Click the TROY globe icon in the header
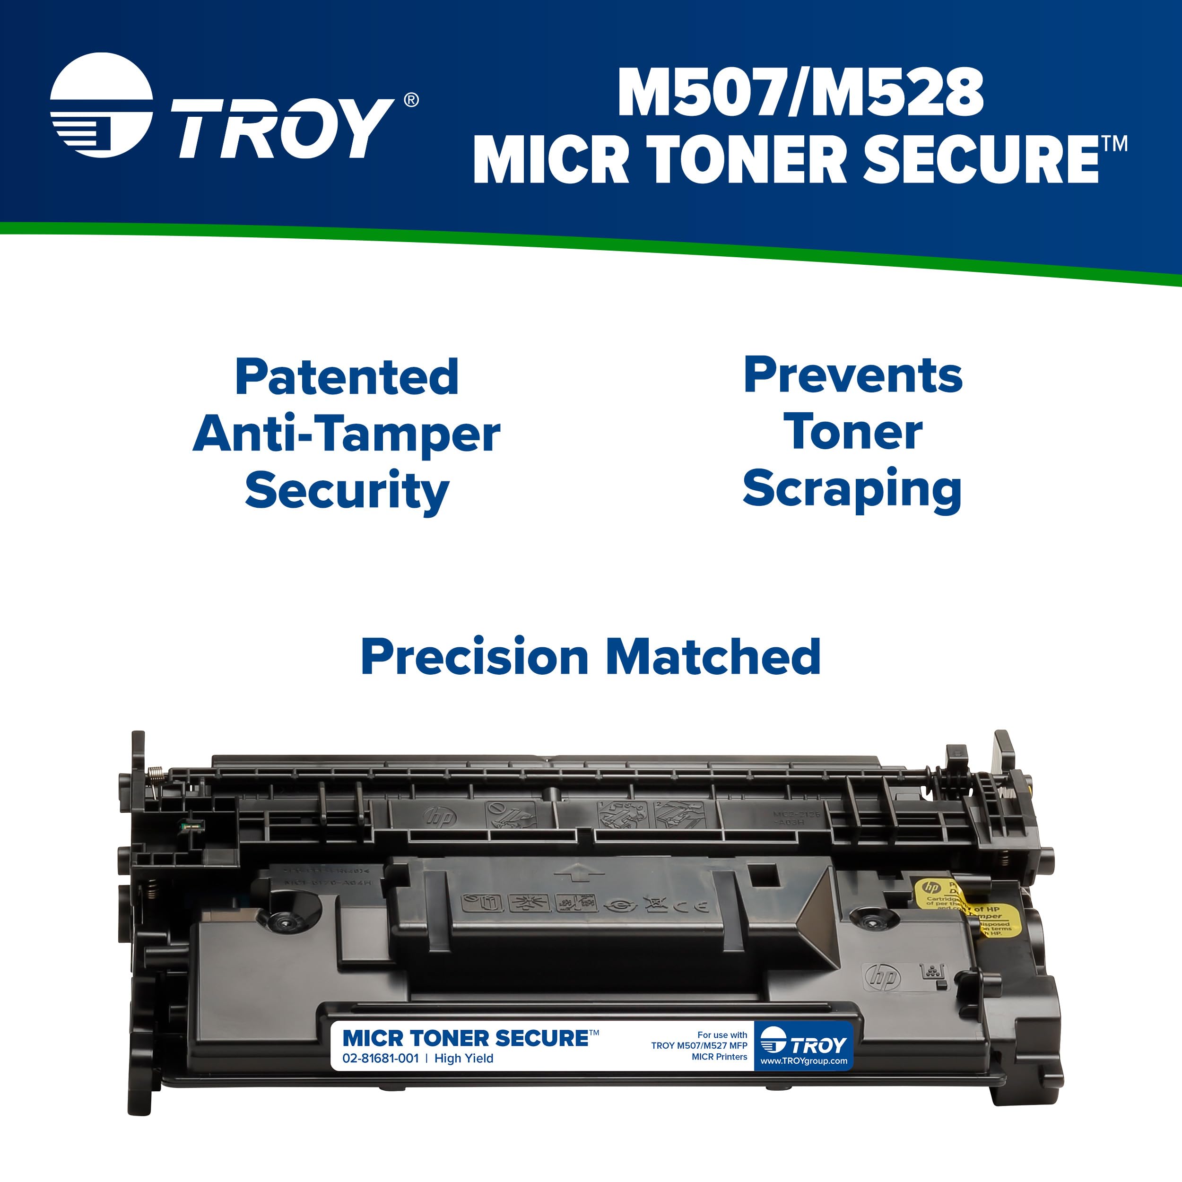click(x=101, y=105)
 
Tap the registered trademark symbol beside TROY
click(x=411, y=100)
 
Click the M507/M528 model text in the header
click(x=800, y=93)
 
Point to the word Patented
click(x=346, y=377)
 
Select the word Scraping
click(x=852, y=489)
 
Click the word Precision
click(x=475, y=656)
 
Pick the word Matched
click(x=713, y=656)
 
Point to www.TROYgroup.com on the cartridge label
click(x=803, y=1061)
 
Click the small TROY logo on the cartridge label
click(x=803, y=1044)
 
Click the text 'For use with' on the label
click(x=722, y=1035)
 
